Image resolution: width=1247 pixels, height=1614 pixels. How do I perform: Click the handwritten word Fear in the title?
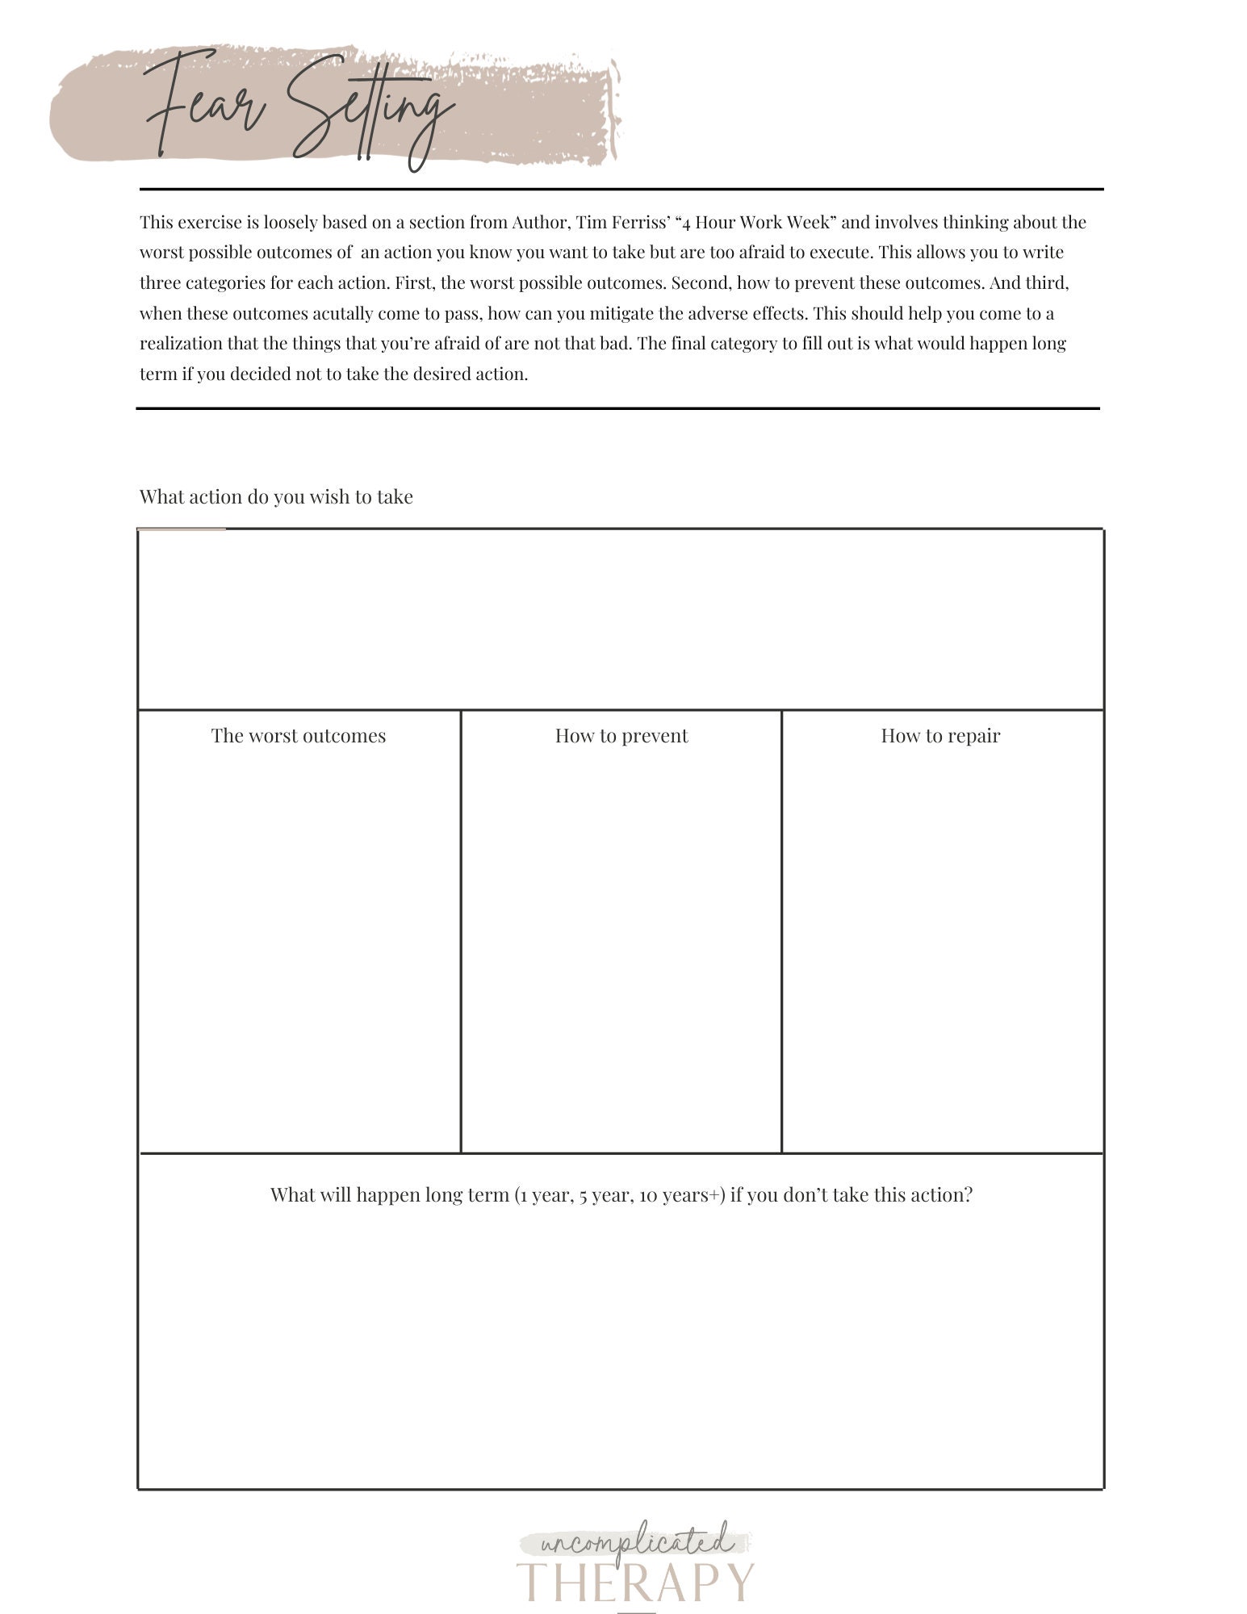pos(206,105)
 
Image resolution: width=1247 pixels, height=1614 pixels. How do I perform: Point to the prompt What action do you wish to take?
pos(276,496)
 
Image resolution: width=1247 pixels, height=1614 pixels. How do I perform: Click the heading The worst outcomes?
pos(299,735)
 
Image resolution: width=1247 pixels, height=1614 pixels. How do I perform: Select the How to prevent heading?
pos(621,735)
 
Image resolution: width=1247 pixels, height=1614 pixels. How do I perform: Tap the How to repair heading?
pos(940,735)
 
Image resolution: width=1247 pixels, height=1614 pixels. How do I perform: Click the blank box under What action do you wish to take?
pos(620,620)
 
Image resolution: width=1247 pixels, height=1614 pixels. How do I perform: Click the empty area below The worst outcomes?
pos(299,952)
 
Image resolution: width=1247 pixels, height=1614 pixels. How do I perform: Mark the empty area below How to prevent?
pos(621,952)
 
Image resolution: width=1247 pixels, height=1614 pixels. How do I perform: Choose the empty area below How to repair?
pos(942,952)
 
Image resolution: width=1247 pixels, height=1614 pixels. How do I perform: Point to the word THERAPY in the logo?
pos(635,1582)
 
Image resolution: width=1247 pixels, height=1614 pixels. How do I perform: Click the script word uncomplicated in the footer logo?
pos(635,1542)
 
